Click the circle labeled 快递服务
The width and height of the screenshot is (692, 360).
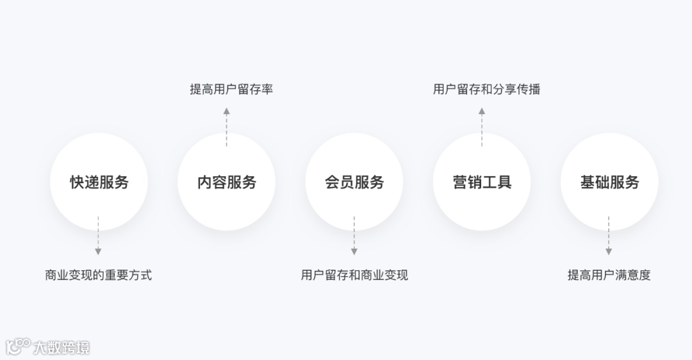(99, 182)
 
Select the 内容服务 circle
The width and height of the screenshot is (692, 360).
(226, 182)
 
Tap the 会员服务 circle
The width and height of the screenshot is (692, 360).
(354, 182)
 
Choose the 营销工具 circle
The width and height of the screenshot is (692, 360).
(482, 182)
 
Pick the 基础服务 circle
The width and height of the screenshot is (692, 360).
(609, 182)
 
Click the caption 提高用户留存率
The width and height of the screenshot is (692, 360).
(231, 89)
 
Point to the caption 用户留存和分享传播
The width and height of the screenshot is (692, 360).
(486, 89)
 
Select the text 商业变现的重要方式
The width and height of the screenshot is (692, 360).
(98, 275)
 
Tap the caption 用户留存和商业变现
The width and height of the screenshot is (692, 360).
(354, 275)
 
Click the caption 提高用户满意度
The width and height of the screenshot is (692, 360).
(609, 275)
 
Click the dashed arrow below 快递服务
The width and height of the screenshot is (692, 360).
(98, 234)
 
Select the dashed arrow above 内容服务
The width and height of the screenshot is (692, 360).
(226, 127)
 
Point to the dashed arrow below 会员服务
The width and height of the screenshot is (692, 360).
(354, 234)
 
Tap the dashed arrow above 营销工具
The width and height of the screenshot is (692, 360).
(482, 127)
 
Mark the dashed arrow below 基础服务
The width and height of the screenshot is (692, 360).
(609, 234)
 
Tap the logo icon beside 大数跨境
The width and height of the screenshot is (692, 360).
(18, 347)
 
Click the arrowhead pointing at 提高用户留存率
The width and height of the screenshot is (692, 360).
(226, 111)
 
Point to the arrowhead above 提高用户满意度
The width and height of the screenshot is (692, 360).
(609, 251)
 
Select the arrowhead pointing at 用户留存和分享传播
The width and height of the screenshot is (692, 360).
(482, 111)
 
